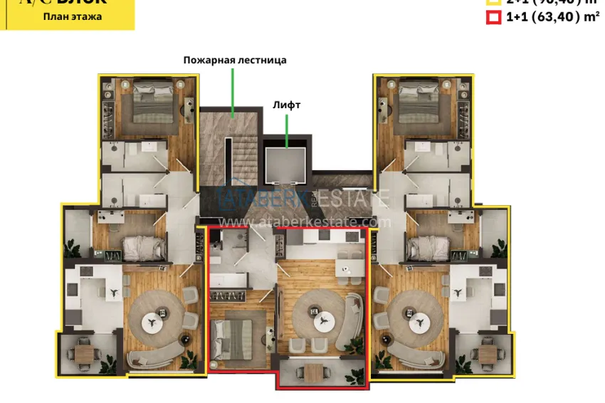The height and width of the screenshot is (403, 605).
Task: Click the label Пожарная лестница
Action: pyautogui.click(x=234, y=61)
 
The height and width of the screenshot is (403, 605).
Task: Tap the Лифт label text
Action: pyautogui.click(x=286, y=105)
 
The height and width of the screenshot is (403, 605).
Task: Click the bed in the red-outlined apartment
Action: pyautogui.click(x=236, y=335)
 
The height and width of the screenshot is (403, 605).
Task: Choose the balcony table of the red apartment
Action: pyautogui.click(x=315, y=371)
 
